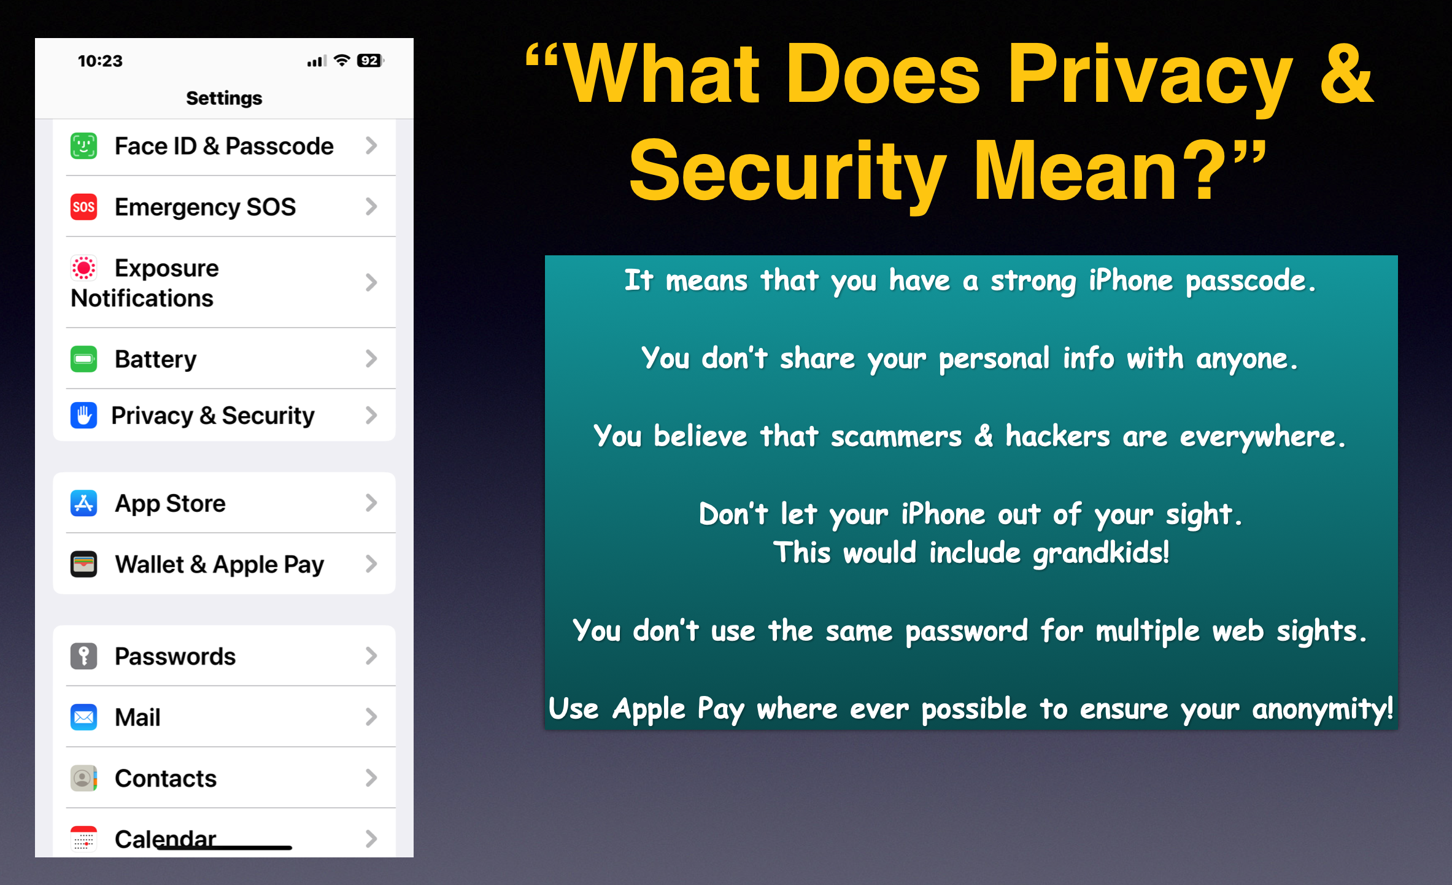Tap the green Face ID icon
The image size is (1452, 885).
[83, 146]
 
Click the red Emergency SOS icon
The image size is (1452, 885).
[83, 207]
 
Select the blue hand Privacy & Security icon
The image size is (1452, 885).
[83, 415]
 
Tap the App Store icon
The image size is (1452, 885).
[83, 503]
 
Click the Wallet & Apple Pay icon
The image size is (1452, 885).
[83, 564]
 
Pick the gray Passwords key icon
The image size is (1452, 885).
[83, 656]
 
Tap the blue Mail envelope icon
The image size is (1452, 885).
[83, 717]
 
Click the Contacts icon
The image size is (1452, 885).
[83, 778]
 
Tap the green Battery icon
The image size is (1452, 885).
[83, 359]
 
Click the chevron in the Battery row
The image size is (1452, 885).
[371, 358]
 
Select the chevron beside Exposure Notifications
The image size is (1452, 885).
[371, 282]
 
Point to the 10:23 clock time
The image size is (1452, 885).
[100, 61]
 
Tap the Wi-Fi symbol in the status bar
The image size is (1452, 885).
[342, 60]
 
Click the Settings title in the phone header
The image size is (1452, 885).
[224, 98]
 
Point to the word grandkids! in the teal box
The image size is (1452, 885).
[1102, 553]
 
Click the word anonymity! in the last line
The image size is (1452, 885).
[1323, 710]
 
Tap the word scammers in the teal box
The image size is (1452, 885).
[896, 436]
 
